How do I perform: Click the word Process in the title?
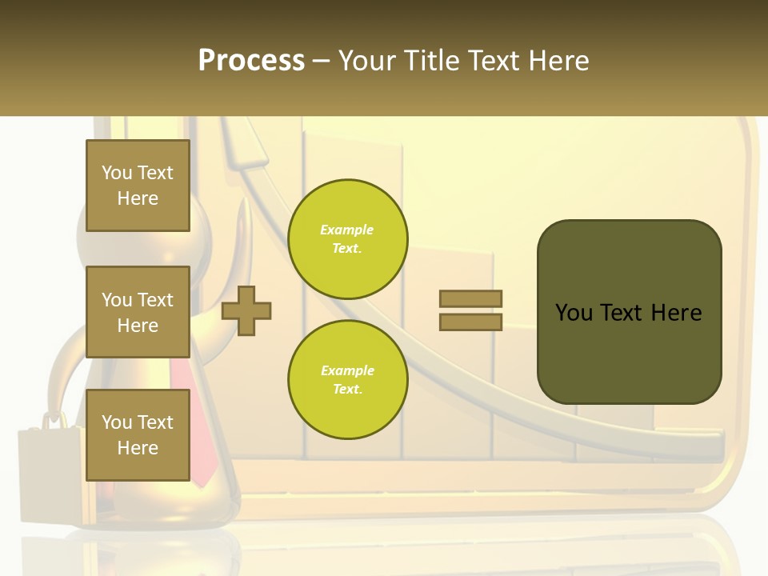pos(251,61)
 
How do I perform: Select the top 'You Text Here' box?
pos(138,186)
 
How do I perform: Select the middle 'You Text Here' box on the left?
pos(138,312)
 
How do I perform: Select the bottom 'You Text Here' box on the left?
pos(138,434)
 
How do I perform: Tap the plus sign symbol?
pos(246,310)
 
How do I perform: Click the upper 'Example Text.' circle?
pos(347,239)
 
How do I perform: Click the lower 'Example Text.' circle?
pos(347,380)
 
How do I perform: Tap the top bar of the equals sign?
pos(471,298)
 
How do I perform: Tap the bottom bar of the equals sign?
pos(471,322)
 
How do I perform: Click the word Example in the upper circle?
pos(347,230)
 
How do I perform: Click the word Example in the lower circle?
pos(347,371)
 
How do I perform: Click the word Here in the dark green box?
pos(676,313)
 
